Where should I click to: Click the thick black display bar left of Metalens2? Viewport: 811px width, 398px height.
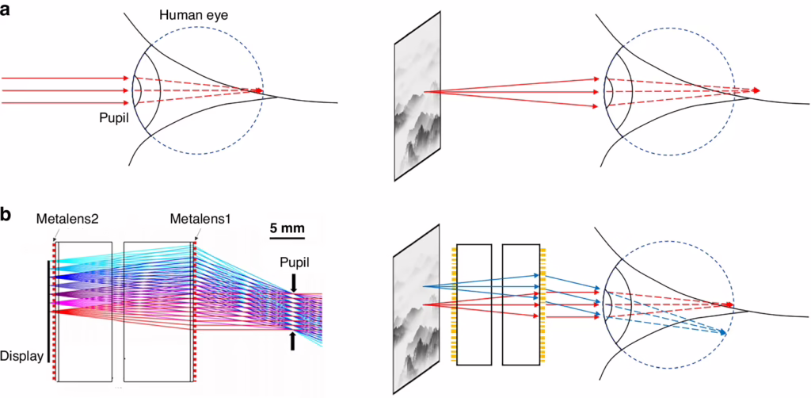tap(50, 310)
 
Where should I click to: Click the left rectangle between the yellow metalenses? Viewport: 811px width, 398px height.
tap(474, 303)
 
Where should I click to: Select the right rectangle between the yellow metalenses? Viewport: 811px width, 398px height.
tap(520, 303)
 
